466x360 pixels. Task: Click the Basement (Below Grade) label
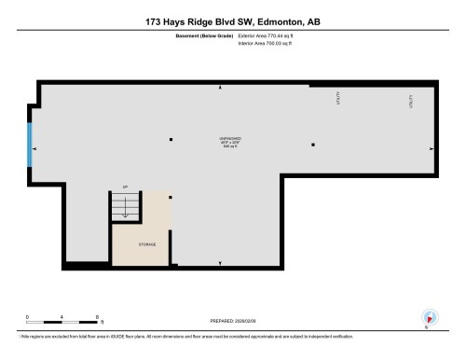[204, 36]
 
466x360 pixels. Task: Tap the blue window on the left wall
[31, 145]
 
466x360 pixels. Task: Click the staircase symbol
[125, 210]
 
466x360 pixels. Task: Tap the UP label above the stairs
[125, 188]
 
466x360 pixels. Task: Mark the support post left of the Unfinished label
[171, 140]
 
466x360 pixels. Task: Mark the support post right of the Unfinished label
[313, 145]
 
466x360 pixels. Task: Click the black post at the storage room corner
[171, 197]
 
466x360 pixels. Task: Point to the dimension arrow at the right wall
[432, 148]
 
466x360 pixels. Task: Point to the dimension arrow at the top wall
[220, 88]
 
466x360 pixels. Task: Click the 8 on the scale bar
[98, 317]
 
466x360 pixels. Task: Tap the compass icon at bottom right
[428, 317]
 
